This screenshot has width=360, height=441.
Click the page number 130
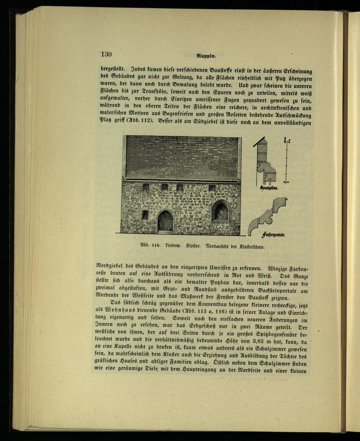point(106,54)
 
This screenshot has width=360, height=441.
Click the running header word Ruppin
point(206,56)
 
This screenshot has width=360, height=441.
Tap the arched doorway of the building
point(165,221)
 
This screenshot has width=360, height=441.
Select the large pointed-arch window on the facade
point(221,211)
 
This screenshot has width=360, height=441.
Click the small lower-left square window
point(145,215)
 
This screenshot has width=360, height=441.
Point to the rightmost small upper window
point(212,188)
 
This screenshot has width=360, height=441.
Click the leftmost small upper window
point(146,186)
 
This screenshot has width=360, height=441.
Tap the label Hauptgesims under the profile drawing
point(268,188)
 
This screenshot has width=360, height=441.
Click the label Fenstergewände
point(274,235)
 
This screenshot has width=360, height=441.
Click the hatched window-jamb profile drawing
point(268,216)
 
